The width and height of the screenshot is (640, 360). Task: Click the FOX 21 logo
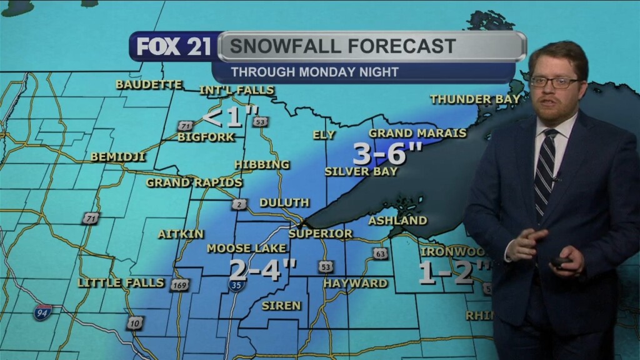pos(174,47)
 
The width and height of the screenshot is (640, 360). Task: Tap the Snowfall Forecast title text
pos(342,46)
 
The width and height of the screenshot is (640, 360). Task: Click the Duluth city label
pos(284,202)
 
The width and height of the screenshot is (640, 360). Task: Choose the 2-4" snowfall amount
pos(262,270)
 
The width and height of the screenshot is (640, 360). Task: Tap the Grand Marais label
pos(417,133)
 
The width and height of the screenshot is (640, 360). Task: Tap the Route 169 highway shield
pos(180,285)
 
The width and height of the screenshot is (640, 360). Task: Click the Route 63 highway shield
pos(381,253)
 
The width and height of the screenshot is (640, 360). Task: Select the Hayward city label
pos(355,283)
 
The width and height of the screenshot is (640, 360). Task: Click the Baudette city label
pos(149,84)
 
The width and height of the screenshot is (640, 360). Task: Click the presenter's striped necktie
pos(545,171)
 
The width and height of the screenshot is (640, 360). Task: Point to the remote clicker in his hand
pos(561,262)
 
